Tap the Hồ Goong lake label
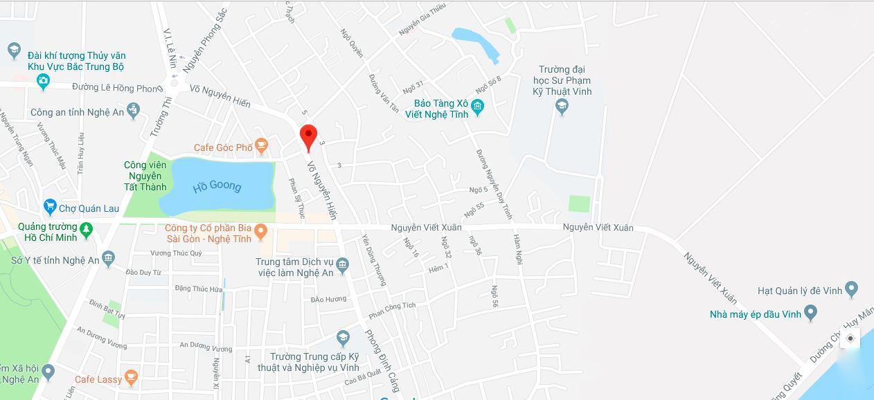point(217,186)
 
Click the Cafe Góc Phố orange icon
point(261,145)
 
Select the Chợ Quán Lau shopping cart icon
point(49,207)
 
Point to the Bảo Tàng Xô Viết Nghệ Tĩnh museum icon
point(478,107)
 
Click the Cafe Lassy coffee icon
point(131,378)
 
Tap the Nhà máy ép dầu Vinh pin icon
point(810,314)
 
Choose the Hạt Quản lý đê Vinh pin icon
point(852,289)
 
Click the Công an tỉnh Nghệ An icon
point(134,111)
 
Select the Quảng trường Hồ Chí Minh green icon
point(86,229)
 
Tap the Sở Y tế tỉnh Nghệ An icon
point(108,260)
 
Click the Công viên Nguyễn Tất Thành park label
point(145,176)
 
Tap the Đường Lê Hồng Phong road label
point(116,88)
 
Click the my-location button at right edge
point(850,338)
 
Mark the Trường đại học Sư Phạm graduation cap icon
point(562,106)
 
